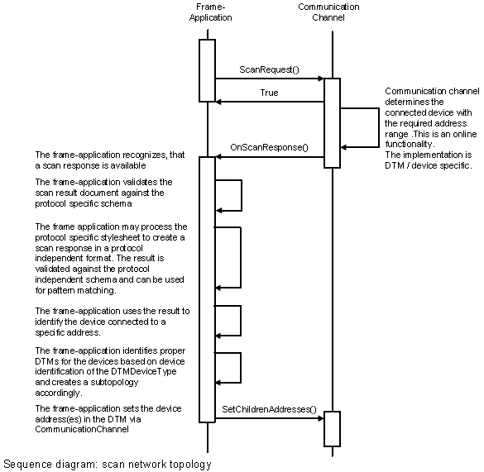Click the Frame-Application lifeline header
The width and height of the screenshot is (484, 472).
[x=210, y=12]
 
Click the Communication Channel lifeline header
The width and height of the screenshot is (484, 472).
[x=328, y=12]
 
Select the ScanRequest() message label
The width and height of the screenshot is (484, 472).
[x=269, y=69]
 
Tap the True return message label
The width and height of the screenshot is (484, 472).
[x=269, y=93]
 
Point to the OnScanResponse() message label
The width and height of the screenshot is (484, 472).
[x=269, y=147]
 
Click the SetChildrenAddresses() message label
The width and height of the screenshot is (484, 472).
[x=269, y=409]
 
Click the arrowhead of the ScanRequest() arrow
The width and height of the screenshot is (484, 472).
[x=321, y=79]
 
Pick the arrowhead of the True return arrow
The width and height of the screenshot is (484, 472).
[x=218, y=102]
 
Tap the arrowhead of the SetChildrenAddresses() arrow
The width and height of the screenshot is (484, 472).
[x=321, y=418]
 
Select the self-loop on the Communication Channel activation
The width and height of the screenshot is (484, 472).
[x=379, y=128]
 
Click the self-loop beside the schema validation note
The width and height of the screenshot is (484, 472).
[x=242, y=195]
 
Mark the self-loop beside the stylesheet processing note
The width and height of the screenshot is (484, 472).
[x=241, y=257]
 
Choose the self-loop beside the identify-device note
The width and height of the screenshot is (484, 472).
[x=241, y=321]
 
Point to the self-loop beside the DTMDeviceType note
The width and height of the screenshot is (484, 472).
[x=241, y=367]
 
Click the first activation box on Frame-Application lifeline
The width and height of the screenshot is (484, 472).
[x=207, y=70]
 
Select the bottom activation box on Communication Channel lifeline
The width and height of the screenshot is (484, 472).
[x=332, y=429]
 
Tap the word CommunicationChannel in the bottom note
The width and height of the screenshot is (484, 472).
[x=82, y=429]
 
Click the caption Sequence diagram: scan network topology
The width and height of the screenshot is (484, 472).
[x=108, y=464]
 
